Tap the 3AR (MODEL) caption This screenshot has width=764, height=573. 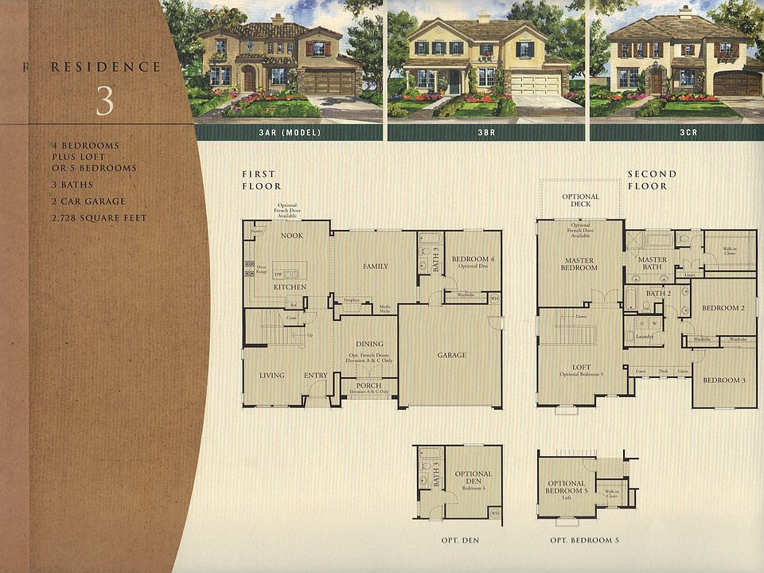pos(289,132)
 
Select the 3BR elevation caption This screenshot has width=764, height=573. pos(488,132)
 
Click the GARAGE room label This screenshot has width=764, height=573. pos(451,355)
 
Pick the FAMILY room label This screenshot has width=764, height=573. pos(375,266)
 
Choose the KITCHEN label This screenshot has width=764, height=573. pos(290,286)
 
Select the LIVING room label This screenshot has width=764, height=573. pos(271,376)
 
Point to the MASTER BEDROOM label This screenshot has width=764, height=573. pos(580,264)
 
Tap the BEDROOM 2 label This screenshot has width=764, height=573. pos(723,308)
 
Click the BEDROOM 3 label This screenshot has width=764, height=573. pos(724,380)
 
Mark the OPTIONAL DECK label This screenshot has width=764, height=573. pos(580,201)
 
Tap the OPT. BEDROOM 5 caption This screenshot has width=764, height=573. pos(584,540)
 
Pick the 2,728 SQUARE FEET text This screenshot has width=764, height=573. pos(99,218)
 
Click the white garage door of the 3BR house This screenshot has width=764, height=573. pos(535,84)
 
